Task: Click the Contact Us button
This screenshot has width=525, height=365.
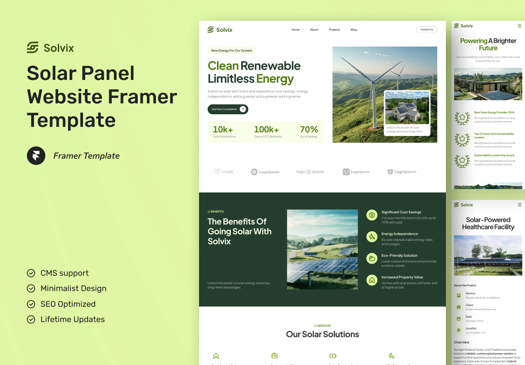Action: (426, 30)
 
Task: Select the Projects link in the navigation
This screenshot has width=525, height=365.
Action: (334, 30)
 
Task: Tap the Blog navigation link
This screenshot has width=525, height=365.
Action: (354, 30)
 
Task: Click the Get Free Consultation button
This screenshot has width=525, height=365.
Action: (228, 109)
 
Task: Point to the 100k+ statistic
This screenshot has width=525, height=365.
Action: (266, 129)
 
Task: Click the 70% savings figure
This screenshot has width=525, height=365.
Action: (309, 129)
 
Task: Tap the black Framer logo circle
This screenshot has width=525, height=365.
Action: (36, 156)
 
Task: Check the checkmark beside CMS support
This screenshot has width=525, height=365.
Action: (31, 273)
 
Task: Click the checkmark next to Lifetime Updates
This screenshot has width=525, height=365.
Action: (31, 319)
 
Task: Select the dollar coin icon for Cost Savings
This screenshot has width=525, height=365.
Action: (372, 215)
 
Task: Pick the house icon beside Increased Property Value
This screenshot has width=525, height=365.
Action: (372, 280)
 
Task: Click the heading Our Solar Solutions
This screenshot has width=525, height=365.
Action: (322, 334)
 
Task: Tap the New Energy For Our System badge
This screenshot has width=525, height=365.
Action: (232, 50)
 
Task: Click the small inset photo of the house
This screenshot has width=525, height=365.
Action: (407, 108)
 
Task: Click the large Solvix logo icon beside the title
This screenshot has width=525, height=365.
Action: (33, 47)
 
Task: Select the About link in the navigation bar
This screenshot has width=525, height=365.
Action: (314, 30)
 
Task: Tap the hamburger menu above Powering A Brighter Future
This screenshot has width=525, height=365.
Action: (519, 26)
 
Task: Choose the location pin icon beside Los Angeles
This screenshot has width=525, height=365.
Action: (459, 330)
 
